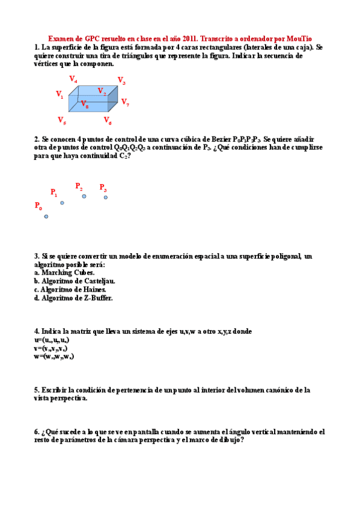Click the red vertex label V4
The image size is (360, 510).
pyautogui.click(x=73, y=79)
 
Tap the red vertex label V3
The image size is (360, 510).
pyautogui.click(x=121, y=81)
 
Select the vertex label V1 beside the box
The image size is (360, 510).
pyautogui.click(x=60, y=94)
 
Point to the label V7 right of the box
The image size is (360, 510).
pyautogui.click(x=125, y=102)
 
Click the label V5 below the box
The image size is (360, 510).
pyautogui.click(x=62, y=120)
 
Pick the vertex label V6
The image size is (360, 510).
pyautogui.click(x=108, y=121)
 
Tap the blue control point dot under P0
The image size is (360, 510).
pyautogui.click(x=46, y=217)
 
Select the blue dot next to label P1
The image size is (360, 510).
pyautogui.click(x=62, y=203)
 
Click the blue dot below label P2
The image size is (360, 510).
pyautogui.click(x=84, y=196)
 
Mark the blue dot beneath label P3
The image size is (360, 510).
pyautogui.click(x=106, y=197)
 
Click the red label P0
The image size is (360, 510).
pyautogui.click(x=38, y=206)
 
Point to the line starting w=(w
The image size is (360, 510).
pyautogui.click(x=53, y=357)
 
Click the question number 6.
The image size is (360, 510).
pyautogui.click(x=37, y=432)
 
